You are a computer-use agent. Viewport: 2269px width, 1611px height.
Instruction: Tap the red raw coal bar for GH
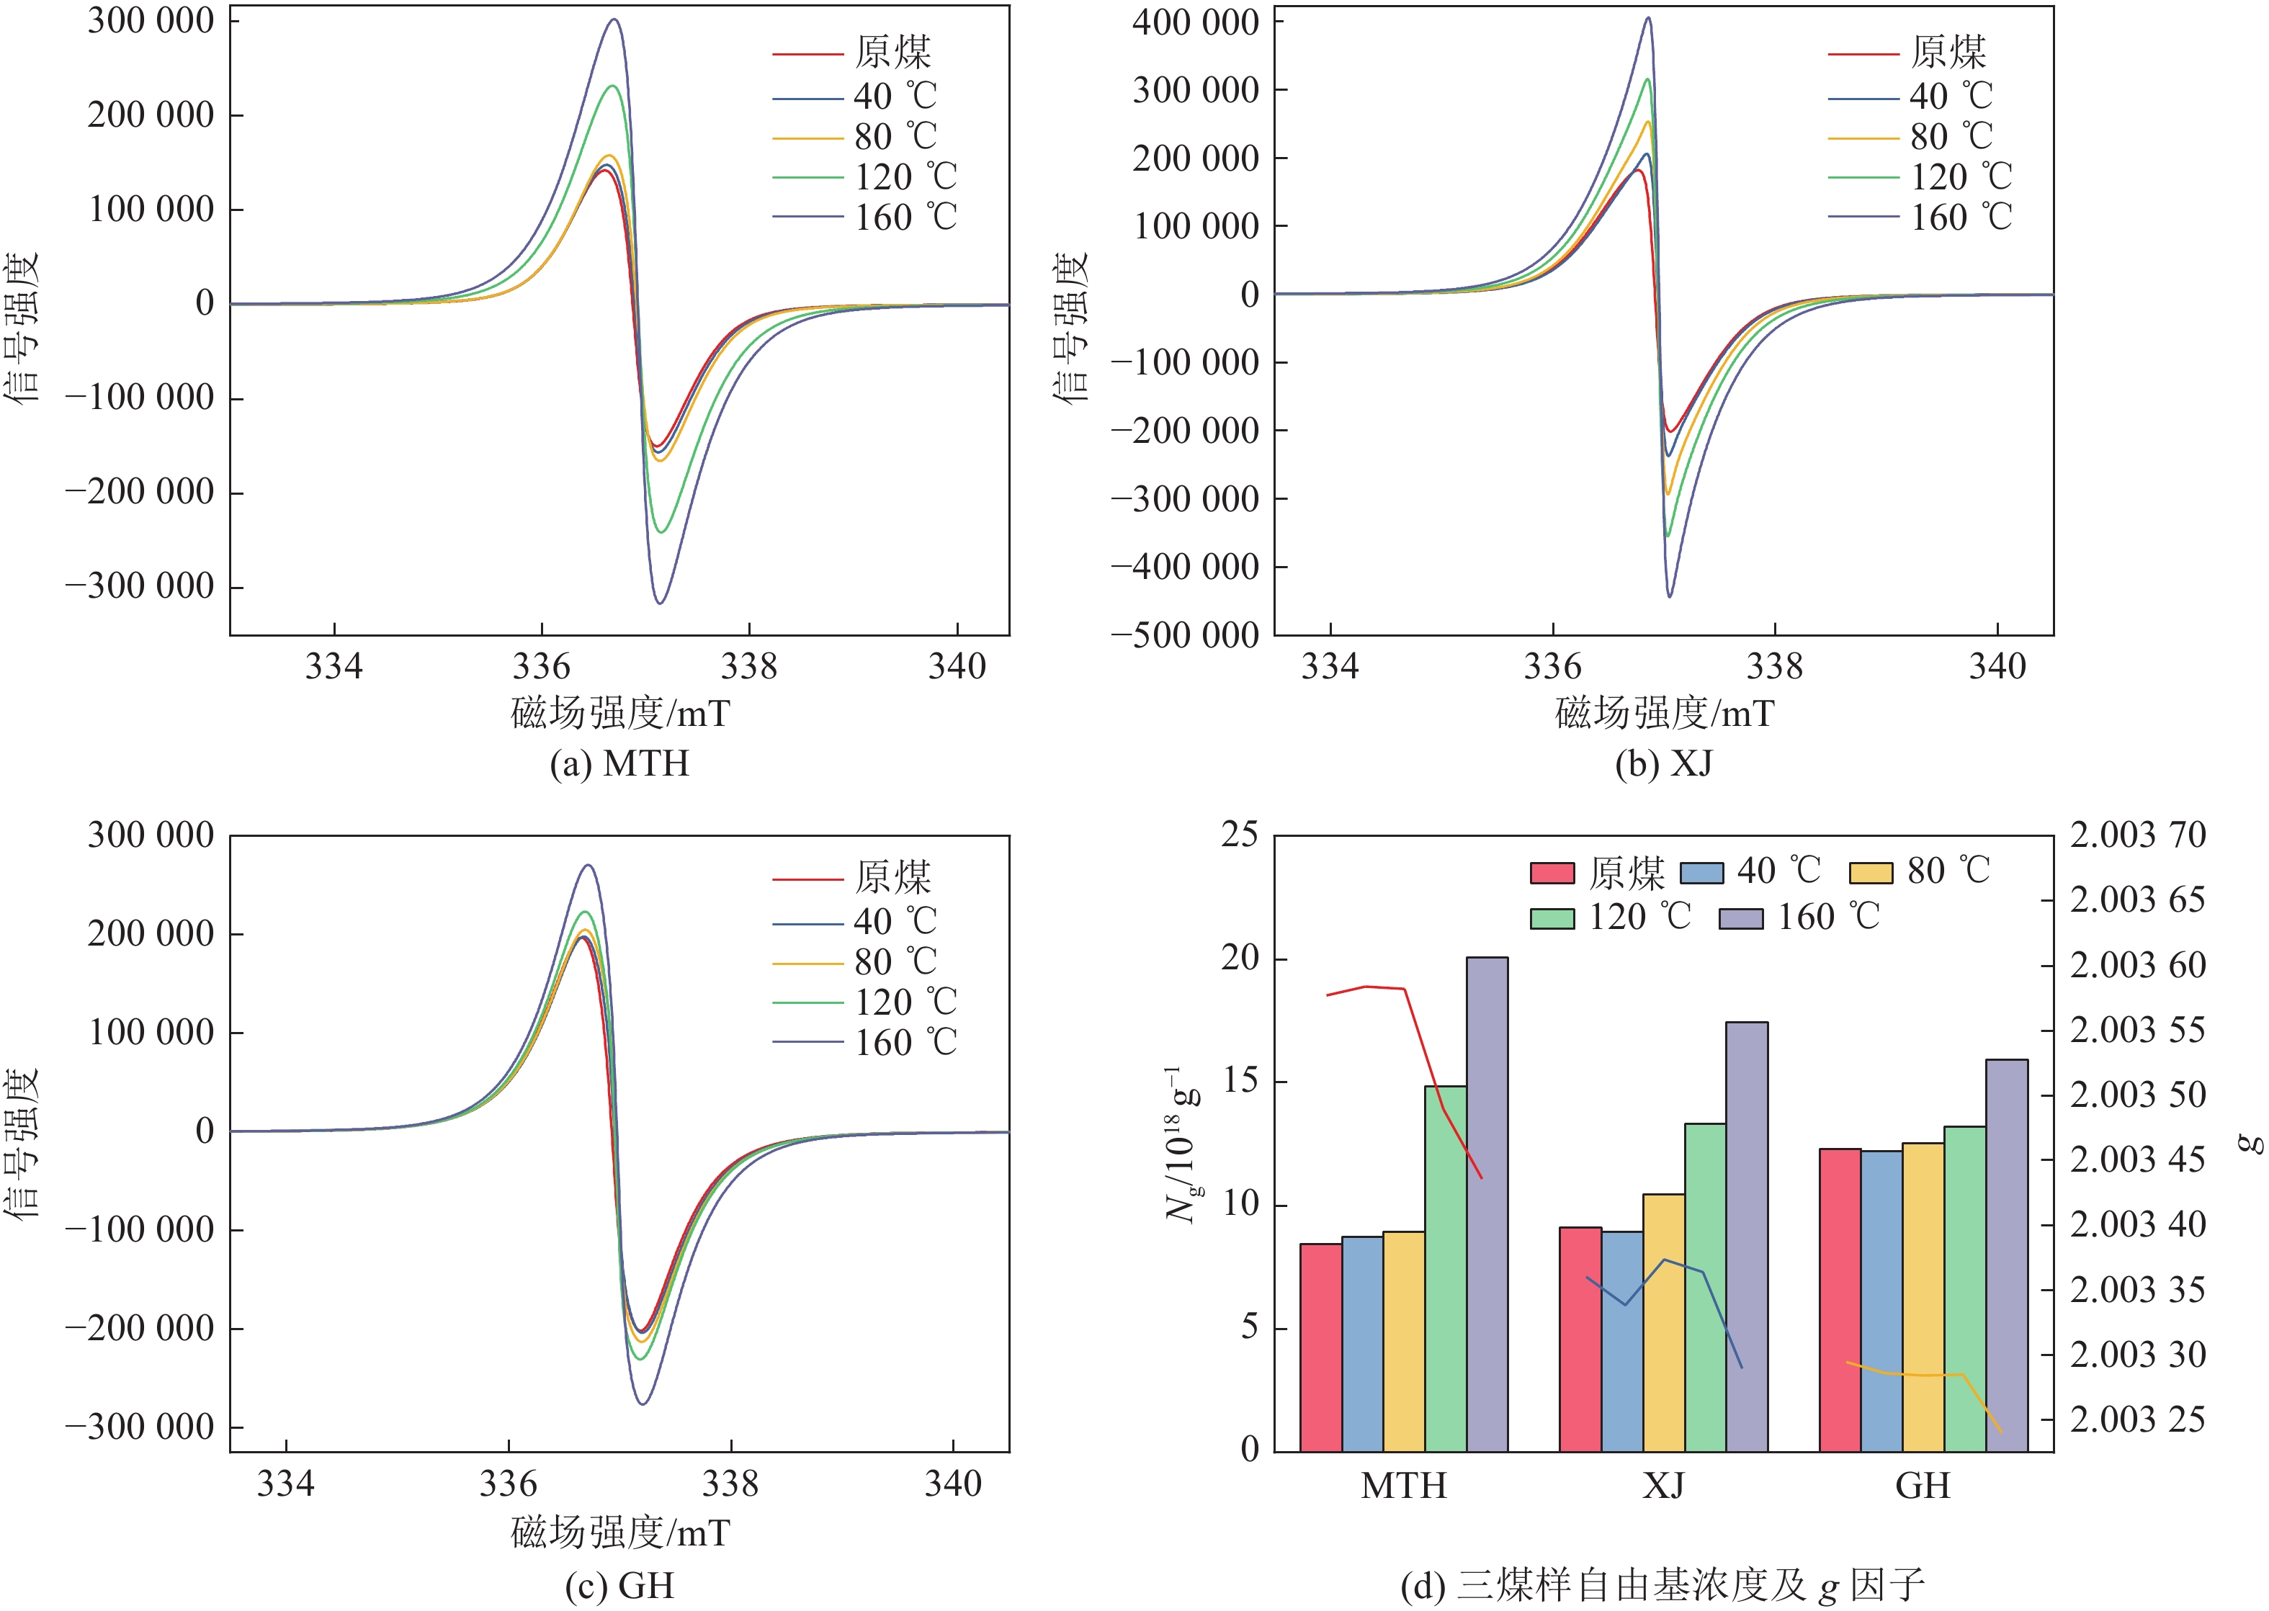tap(1840, 1299)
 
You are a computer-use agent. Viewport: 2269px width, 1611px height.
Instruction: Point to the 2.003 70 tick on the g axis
tap(2137, 835)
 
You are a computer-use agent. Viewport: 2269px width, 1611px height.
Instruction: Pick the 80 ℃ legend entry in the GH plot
tap(855, 962)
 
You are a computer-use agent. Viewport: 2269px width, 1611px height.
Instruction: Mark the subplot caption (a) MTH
tap(619, 763)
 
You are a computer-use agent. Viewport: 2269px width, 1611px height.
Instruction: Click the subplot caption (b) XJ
tap(1662, 763)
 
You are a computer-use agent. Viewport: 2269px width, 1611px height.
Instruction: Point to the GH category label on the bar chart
tap(1923, 1486)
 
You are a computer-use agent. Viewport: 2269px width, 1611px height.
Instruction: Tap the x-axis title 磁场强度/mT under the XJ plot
tap(1664, 713)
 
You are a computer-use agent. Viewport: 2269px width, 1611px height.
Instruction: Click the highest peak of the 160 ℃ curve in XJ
tap(1649, 18)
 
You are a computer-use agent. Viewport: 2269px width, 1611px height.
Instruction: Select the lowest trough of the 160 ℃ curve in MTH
tap(660, 602)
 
